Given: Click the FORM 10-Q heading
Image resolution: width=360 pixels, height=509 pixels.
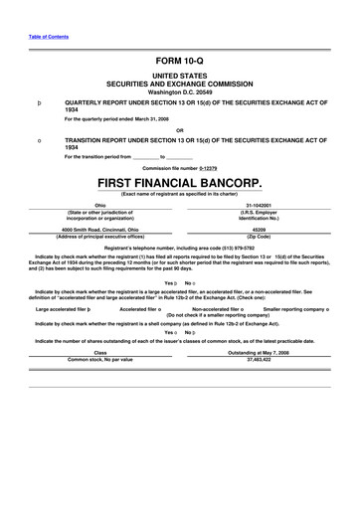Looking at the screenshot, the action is (x=180, y=62).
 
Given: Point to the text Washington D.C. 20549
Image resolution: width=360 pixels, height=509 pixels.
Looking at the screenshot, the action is (x=180, y=93).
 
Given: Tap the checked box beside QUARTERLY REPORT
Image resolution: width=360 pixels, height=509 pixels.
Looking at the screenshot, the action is (x=38, y=102).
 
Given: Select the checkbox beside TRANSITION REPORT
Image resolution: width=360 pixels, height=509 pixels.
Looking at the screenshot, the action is (x=38, y=140).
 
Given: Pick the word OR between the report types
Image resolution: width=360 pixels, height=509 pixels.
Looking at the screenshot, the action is (x=180, y=129).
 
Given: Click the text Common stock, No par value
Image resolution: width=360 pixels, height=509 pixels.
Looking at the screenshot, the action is (x=99, y=357).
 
